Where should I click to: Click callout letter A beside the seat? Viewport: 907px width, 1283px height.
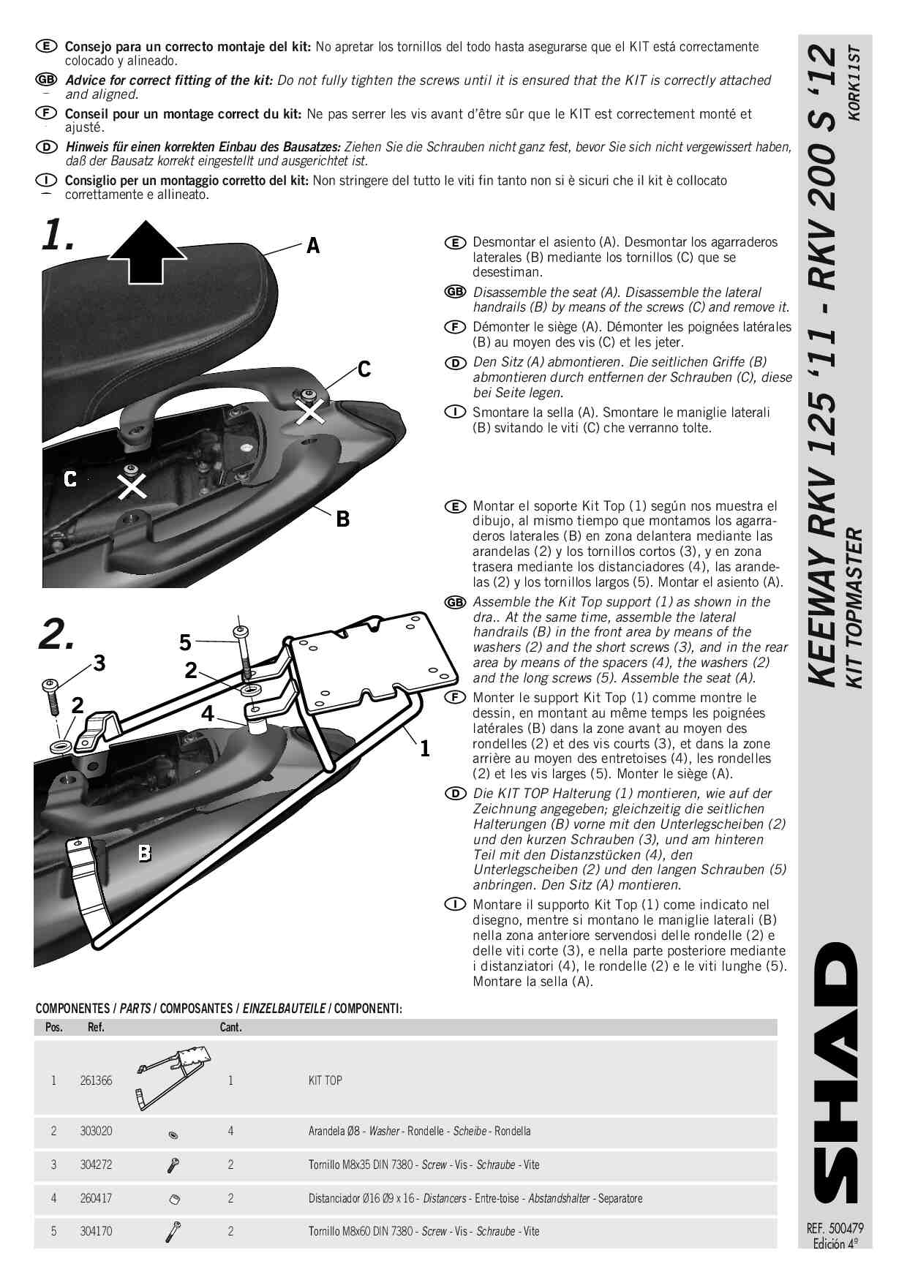pyautogui.click(x=313, y=246)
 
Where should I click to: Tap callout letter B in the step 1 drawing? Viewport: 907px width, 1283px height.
pyautogui.click(x=342, y=519)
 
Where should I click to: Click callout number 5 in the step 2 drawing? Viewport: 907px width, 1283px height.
pyautogui.click(x=186, y=643)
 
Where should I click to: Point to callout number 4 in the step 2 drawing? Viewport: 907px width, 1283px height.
pyautogui.click(x=208, y=713)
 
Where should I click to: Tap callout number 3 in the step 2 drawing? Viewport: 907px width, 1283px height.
pyautogui.click(x=99, y=663)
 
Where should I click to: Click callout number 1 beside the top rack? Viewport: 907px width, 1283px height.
pyautogui.click(x=424, y=748)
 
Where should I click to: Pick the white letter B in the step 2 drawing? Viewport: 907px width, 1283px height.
pyautogui.click(x=145, y=853)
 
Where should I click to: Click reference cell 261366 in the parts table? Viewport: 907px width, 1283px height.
pyautogui.click(x=96, y=1080)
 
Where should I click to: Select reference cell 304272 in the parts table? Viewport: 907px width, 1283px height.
pyautogui.click(x=96, y=1165)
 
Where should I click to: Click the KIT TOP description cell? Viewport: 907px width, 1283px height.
pyautogui.click(x=325, y=1080)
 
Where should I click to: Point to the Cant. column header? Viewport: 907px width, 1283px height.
pyautogui.click(x=230, y=1028)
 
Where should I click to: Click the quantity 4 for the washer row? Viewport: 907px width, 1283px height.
pyautogui.click(x=230, y=1131)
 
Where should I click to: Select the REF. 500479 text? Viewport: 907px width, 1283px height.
pyautogui.click(x=835, y=1229)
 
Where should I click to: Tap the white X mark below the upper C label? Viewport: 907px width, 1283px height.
pyautogui.click(x=309, y=411)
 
